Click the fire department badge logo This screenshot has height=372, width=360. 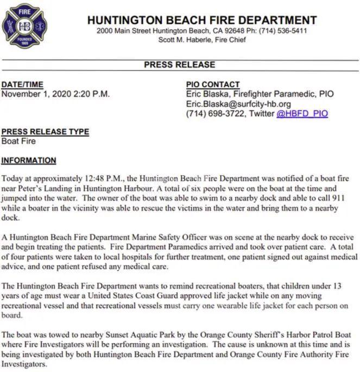click(x=25, y=25)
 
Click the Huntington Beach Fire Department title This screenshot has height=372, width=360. click(x=202, y=20)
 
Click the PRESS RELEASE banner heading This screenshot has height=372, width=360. click(x=179, y=65)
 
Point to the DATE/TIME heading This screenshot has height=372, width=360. click(x=22, y=85)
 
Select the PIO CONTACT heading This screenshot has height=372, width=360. click(x=212, y=85)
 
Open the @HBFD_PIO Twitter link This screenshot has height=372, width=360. click(x=302, y=114)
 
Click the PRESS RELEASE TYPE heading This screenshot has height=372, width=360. click(x=45, y=132)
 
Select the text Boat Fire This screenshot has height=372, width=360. click(x=19, y=141)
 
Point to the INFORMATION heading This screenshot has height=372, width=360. click(x=29, y=161)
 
